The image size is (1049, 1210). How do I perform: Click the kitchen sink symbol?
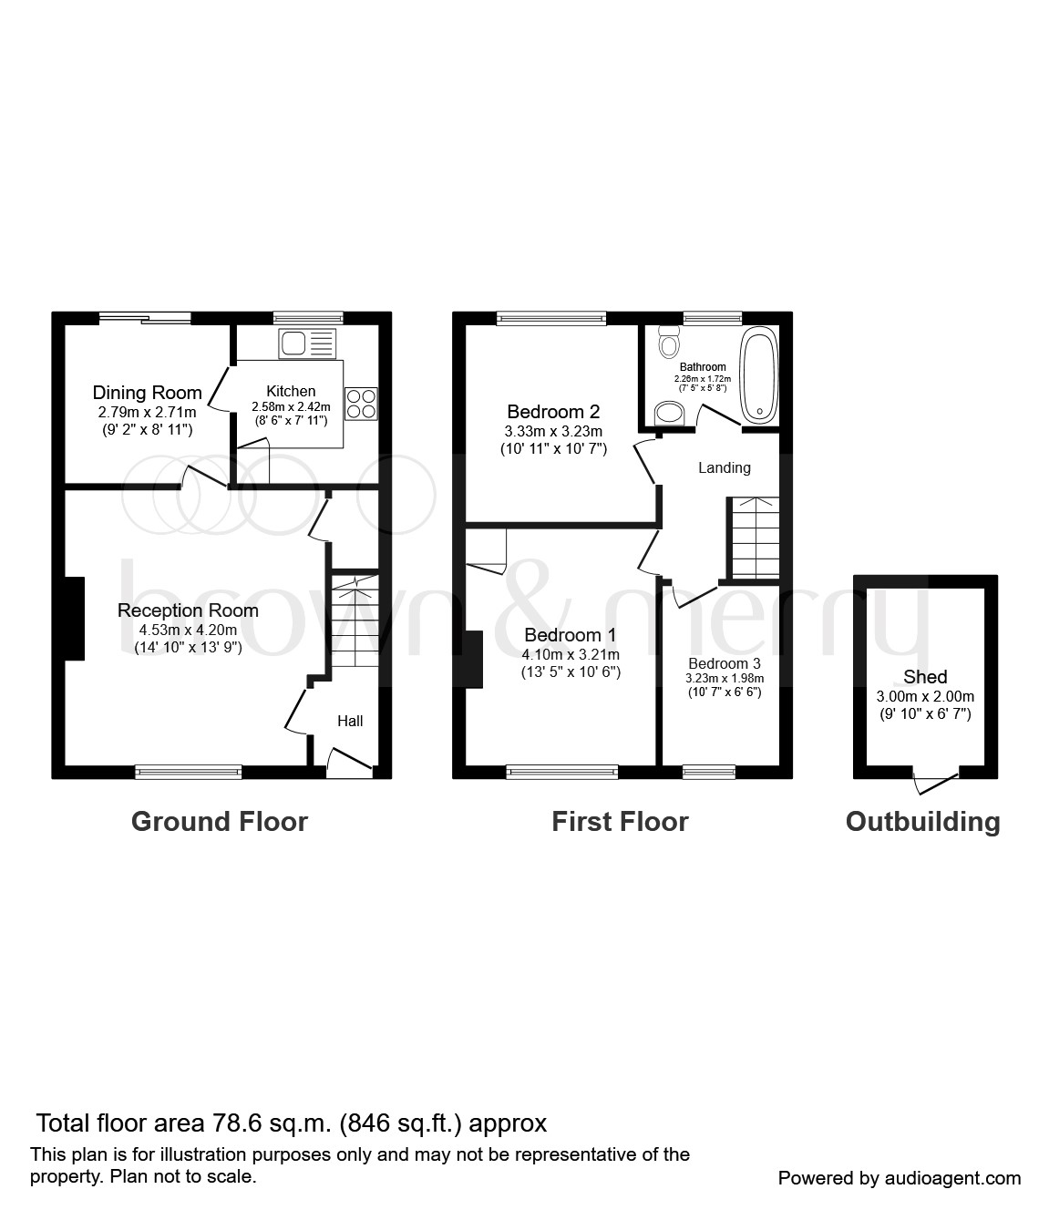point(307,343)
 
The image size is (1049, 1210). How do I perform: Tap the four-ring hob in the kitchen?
point(361,404)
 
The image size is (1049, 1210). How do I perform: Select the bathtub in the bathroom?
point(760,375)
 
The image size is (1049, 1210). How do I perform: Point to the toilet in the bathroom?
point(669,342)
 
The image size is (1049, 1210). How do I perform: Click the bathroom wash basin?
point(669,414)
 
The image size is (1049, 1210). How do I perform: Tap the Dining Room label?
point(147,392)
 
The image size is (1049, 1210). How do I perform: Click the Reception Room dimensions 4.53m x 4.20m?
point(188,630)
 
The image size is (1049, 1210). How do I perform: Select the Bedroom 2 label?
point(553,412)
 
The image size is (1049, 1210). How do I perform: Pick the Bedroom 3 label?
point(725,663)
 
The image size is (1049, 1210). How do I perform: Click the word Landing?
point(725,467)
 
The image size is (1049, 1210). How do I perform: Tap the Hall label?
point(350,721)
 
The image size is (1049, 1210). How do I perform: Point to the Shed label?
point(925,677)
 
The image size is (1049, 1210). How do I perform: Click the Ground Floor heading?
point(220,821)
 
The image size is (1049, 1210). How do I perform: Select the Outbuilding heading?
point(923,822)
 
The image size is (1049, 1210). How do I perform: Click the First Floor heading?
point(621,821)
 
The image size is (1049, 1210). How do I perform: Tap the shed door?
point(937,782)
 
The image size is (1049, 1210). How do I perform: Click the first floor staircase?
point(753,537)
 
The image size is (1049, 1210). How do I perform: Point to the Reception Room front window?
point(188,772)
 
